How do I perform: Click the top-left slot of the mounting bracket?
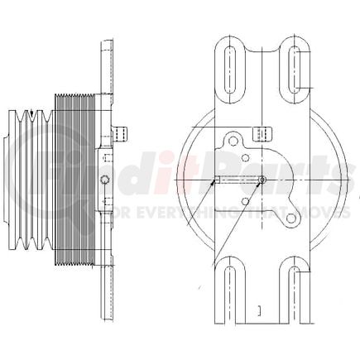pyautogui.click(x=230, y=62)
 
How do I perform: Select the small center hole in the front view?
pyautogui.click(x=262, y=180)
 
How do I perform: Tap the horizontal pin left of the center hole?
pyautogui.click(x=236, y=180)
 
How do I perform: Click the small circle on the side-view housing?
pyautogui.click(x=103, y=180)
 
